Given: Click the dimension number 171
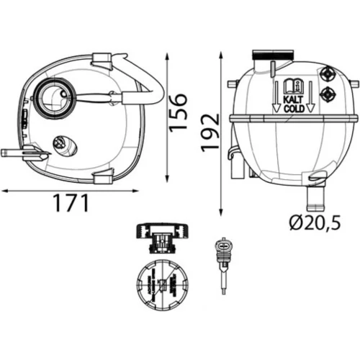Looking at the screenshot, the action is coord(72,203).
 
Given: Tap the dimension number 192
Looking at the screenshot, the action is coord(210,132).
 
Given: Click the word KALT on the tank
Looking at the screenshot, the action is coord(294,99).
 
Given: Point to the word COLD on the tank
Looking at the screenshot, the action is coord(294,109).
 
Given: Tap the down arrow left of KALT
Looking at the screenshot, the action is coord(276,96).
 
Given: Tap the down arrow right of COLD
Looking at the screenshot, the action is coord(311,96).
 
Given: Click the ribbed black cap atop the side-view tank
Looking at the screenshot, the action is coord(273,55).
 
